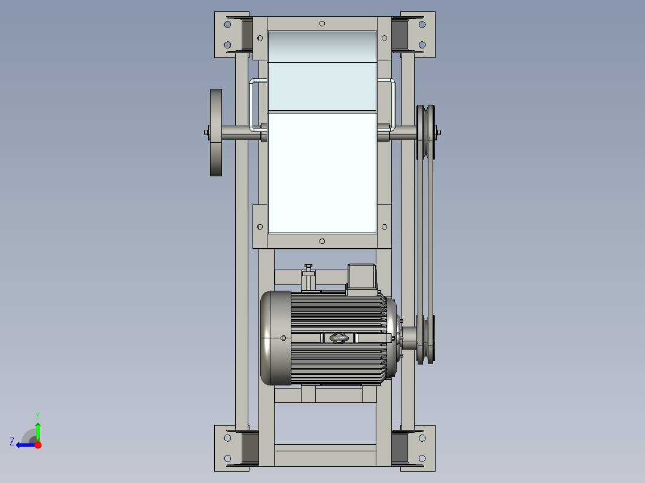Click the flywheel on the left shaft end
click(216, 133)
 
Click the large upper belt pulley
click(427, 133)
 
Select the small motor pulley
click(427, 338)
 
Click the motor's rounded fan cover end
click(275, 338)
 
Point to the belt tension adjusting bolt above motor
click(309, 276)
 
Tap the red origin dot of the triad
click(38, 445)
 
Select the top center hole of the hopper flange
click(322, 23)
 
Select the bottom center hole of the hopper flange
click(322, 241)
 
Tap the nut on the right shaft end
click(439, 133)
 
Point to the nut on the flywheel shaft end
click(206, 133)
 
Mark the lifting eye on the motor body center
click(337, 338)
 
